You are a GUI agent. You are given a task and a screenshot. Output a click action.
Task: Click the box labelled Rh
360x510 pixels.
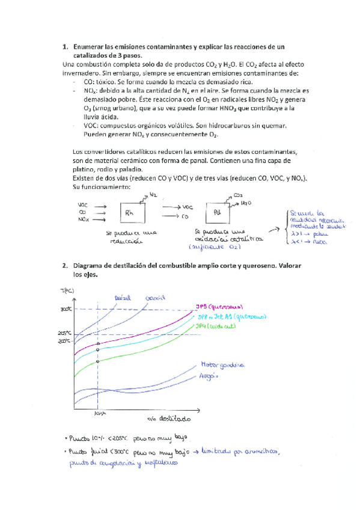click(x=130, y=212)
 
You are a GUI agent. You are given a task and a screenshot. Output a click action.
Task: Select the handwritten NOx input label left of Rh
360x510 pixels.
click(x=84, y=220)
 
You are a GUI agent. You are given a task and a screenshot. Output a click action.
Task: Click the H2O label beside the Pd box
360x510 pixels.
click(x=245, y=204)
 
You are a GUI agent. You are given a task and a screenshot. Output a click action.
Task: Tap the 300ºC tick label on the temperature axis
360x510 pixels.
click(x=65, y=310)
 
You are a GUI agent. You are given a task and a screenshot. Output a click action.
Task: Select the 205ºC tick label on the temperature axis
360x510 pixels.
click(x=65, y=332)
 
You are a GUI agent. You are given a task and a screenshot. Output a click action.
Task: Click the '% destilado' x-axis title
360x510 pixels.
click(x=169, y=417)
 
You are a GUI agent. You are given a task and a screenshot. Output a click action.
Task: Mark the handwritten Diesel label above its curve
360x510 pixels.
click(x=122, y=296)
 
